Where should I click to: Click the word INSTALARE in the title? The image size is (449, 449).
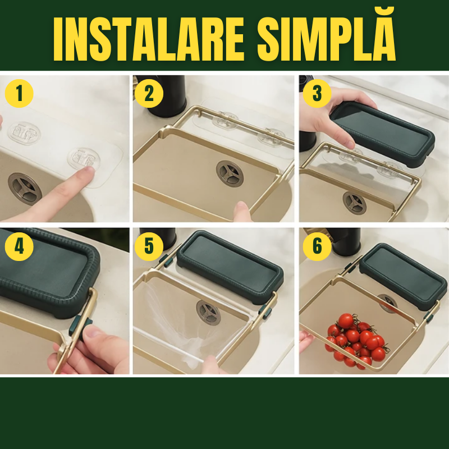149,39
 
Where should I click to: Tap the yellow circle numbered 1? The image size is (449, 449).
19,93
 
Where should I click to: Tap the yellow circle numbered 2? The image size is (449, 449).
149,93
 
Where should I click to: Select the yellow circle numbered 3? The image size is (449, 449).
317,93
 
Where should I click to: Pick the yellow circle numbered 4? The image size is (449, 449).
19,246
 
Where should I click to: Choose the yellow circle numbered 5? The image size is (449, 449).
149,246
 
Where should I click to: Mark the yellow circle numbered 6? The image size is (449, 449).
317,246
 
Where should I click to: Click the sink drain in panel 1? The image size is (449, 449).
25,189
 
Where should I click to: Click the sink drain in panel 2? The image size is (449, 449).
230,173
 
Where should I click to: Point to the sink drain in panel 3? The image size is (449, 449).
355,203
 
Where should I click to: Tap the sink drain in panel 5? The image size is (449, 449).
208,313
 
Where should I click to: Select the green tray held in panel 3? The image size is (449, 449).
382,134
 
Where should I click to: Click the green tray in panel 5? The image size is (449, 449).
230,267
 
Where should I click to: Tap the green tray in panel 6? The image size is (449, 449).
403,276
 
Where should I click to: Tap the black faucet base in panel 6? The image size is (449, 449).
345,241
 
